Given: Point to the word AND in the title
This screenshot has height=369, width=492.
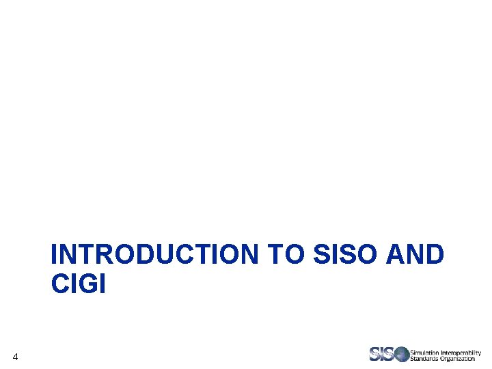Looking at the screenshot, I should (x=415, y=254).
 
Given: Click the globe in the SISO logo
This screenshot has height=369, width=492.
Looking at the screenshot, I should (x=400, y=354).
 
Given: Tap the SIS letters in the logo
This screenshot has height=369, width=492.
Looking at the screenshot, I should (x=382, y=354).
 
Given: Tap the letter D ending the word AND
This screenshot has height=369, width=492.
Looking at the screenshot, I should (x=434, y=254).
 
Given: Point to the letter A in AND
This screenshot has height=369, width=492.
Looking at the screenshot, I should (x=396, y=254).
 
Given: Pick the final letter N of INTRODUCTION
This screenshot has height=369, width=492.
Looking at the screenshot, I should (x=249, y=254).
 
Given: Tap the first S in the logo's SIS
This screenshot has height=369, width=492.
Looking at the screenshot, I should (x=375, y=354).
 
